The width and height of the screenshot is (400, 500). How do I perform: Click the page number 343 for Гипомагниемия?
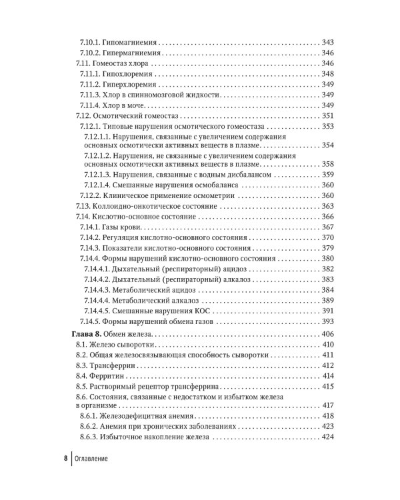pos(327,42)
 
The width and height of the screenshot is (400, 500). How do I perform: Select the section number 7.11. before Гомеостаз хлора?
pos(81,63)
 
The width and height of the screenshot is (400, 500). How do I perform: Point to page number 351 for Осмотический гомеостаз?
pos(327,117)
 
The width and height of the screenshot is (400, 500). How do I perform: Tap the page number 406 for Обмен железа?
pos(327,334)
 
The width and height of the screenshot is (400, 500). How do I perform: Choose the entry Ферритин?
pos(109,377)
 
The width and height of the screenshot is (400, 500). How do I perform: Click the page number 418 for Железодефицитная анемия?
pos(327,416)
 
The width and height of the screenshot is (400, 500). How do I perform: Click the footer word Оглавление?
pos(91,459)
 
